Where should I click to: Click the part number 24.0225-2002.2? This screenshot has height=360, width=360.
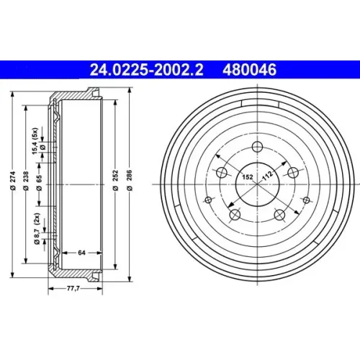pyautogui.click(x=146, y=70)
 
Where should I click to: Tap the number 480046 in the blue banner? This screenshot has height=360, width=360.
pyautogui.click(x=250, y=70)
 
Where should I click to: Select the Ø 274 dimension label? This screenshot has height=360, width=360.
pyautogui.click(x=13, y=181)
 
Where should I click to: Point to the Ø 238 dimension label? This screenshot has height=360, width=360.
pyautogui.click(x=26, y=181)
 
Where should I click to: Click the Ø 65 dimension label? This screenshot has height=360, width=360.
pyautogui.click(x=39, y=183)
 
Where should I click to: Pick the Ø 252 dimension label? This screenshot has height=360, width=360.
pyautogui.click(x=116, y=180)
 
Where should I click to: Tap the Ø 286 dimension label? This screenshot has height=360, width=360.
pyautogui.click(x=130, y=180)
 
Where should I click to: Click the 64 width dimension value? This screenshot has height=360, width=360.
pyautogui.click(x=81, y=253)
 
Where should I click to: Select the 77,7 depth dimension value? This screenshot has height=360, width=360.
pyautogui.click(x=73, y=289)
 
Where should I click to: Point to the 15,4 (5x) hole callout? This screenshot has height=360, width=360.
pyautogui.click(x=35, y=141)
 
